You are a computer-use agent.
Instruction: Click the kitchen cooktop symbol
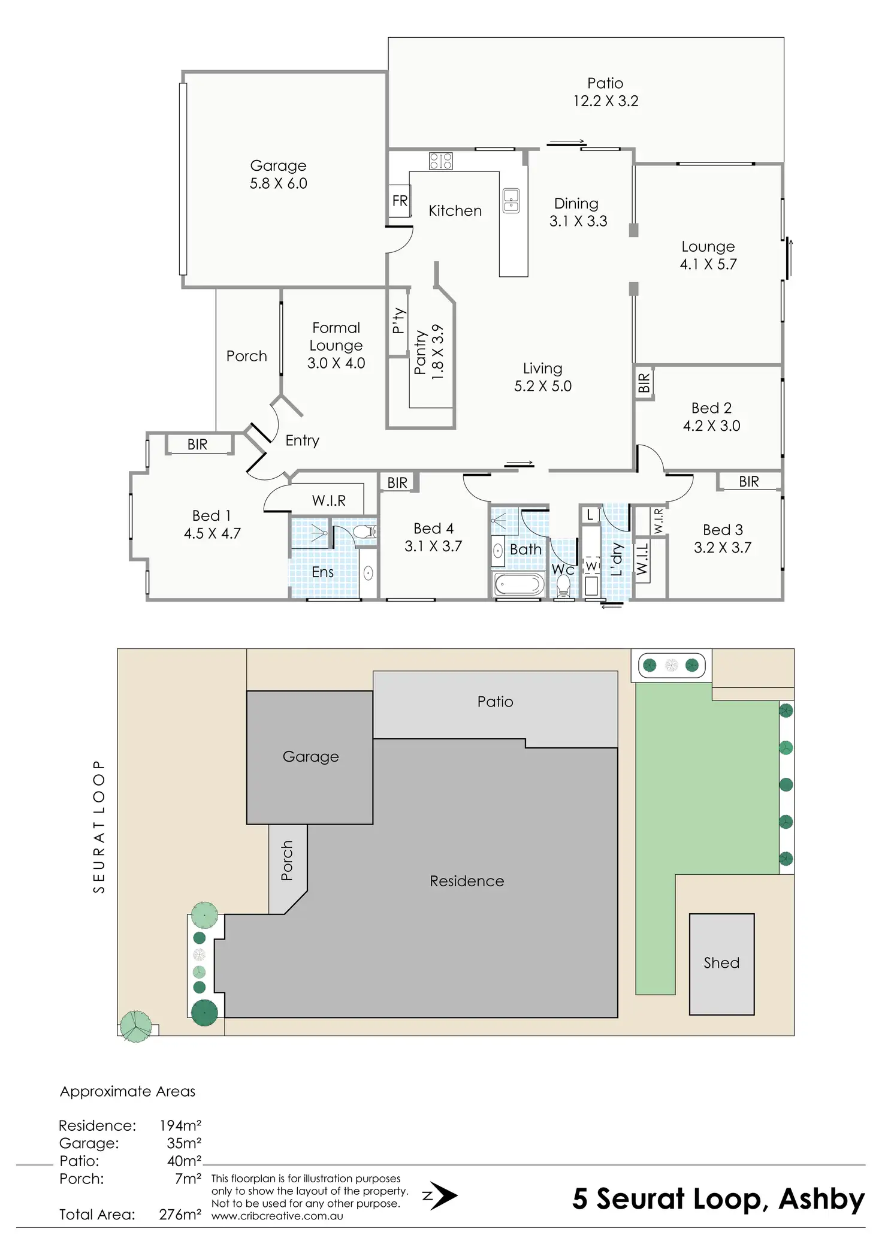[440, 161]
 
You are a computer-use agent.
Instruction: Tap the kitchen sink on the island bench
[511, 200]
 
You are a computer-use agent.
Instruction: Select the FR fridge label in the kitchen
[400, 201]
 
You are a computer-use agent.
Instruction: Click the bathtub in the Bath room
[519, 584]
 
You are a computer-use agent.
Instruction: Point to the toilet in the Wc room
[563, 587]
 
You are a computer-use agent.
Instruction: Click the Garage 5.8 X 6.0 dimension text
[278, 183]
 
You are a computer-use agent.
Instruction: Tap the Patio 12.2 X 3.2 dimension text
[605, 101]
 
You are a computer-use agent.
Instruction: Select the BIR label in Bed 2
[644, 382]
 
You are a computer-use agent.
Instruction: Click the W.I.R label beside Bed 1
[328, 500]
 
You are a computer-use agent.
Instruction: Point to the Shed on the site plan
[721, 963]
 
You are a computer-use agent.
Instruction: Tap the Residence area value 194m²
[180, 1125]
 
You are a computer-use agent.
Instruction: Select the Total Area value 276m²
[180, 1215]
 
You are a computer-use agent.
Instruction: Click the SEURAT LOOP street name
[99, 827]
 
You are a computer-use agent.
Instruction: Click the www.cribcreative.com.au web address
[277, 1216]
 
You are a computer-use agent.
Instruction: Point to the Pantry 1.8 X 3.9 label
[429, 352]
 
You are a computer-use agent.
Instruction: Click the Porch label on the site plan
[287, 860]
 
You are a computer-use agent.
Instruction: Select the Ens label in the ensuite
[322, 572]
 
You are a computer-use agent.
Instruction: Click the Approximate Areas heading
[128, 1091]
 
